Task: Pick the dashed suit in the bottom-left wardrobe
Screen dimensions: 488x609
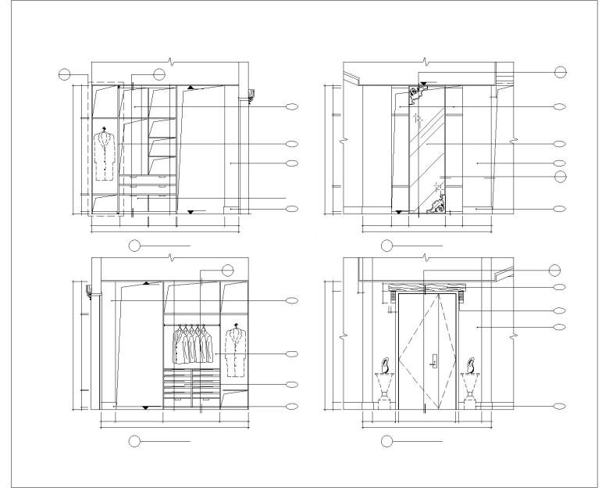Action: pos(235,352)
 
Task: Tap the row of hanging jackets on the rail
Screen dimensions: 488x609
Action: pos(192,344)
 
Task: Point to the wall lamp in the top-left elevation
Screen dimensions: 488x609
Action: pos(251,95)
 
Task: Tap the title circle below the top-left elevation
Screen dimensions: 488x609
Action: pos(134,246)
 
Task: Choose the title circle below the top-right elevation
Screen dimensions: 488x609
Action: pos(386,246)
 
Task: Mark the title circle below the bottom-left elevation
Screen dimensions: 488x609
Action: pos(134,442)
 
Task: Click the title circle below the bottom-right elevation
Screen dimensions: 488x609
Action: pos(386,442)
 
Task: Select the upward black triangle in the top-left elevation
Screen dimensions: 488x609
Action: pos(191,88)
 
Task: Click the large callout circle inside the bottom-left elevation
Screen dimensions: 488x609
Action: pos(228,271)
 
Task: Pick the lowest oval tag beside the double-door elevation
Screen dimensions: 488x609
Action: pos(559,406)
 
